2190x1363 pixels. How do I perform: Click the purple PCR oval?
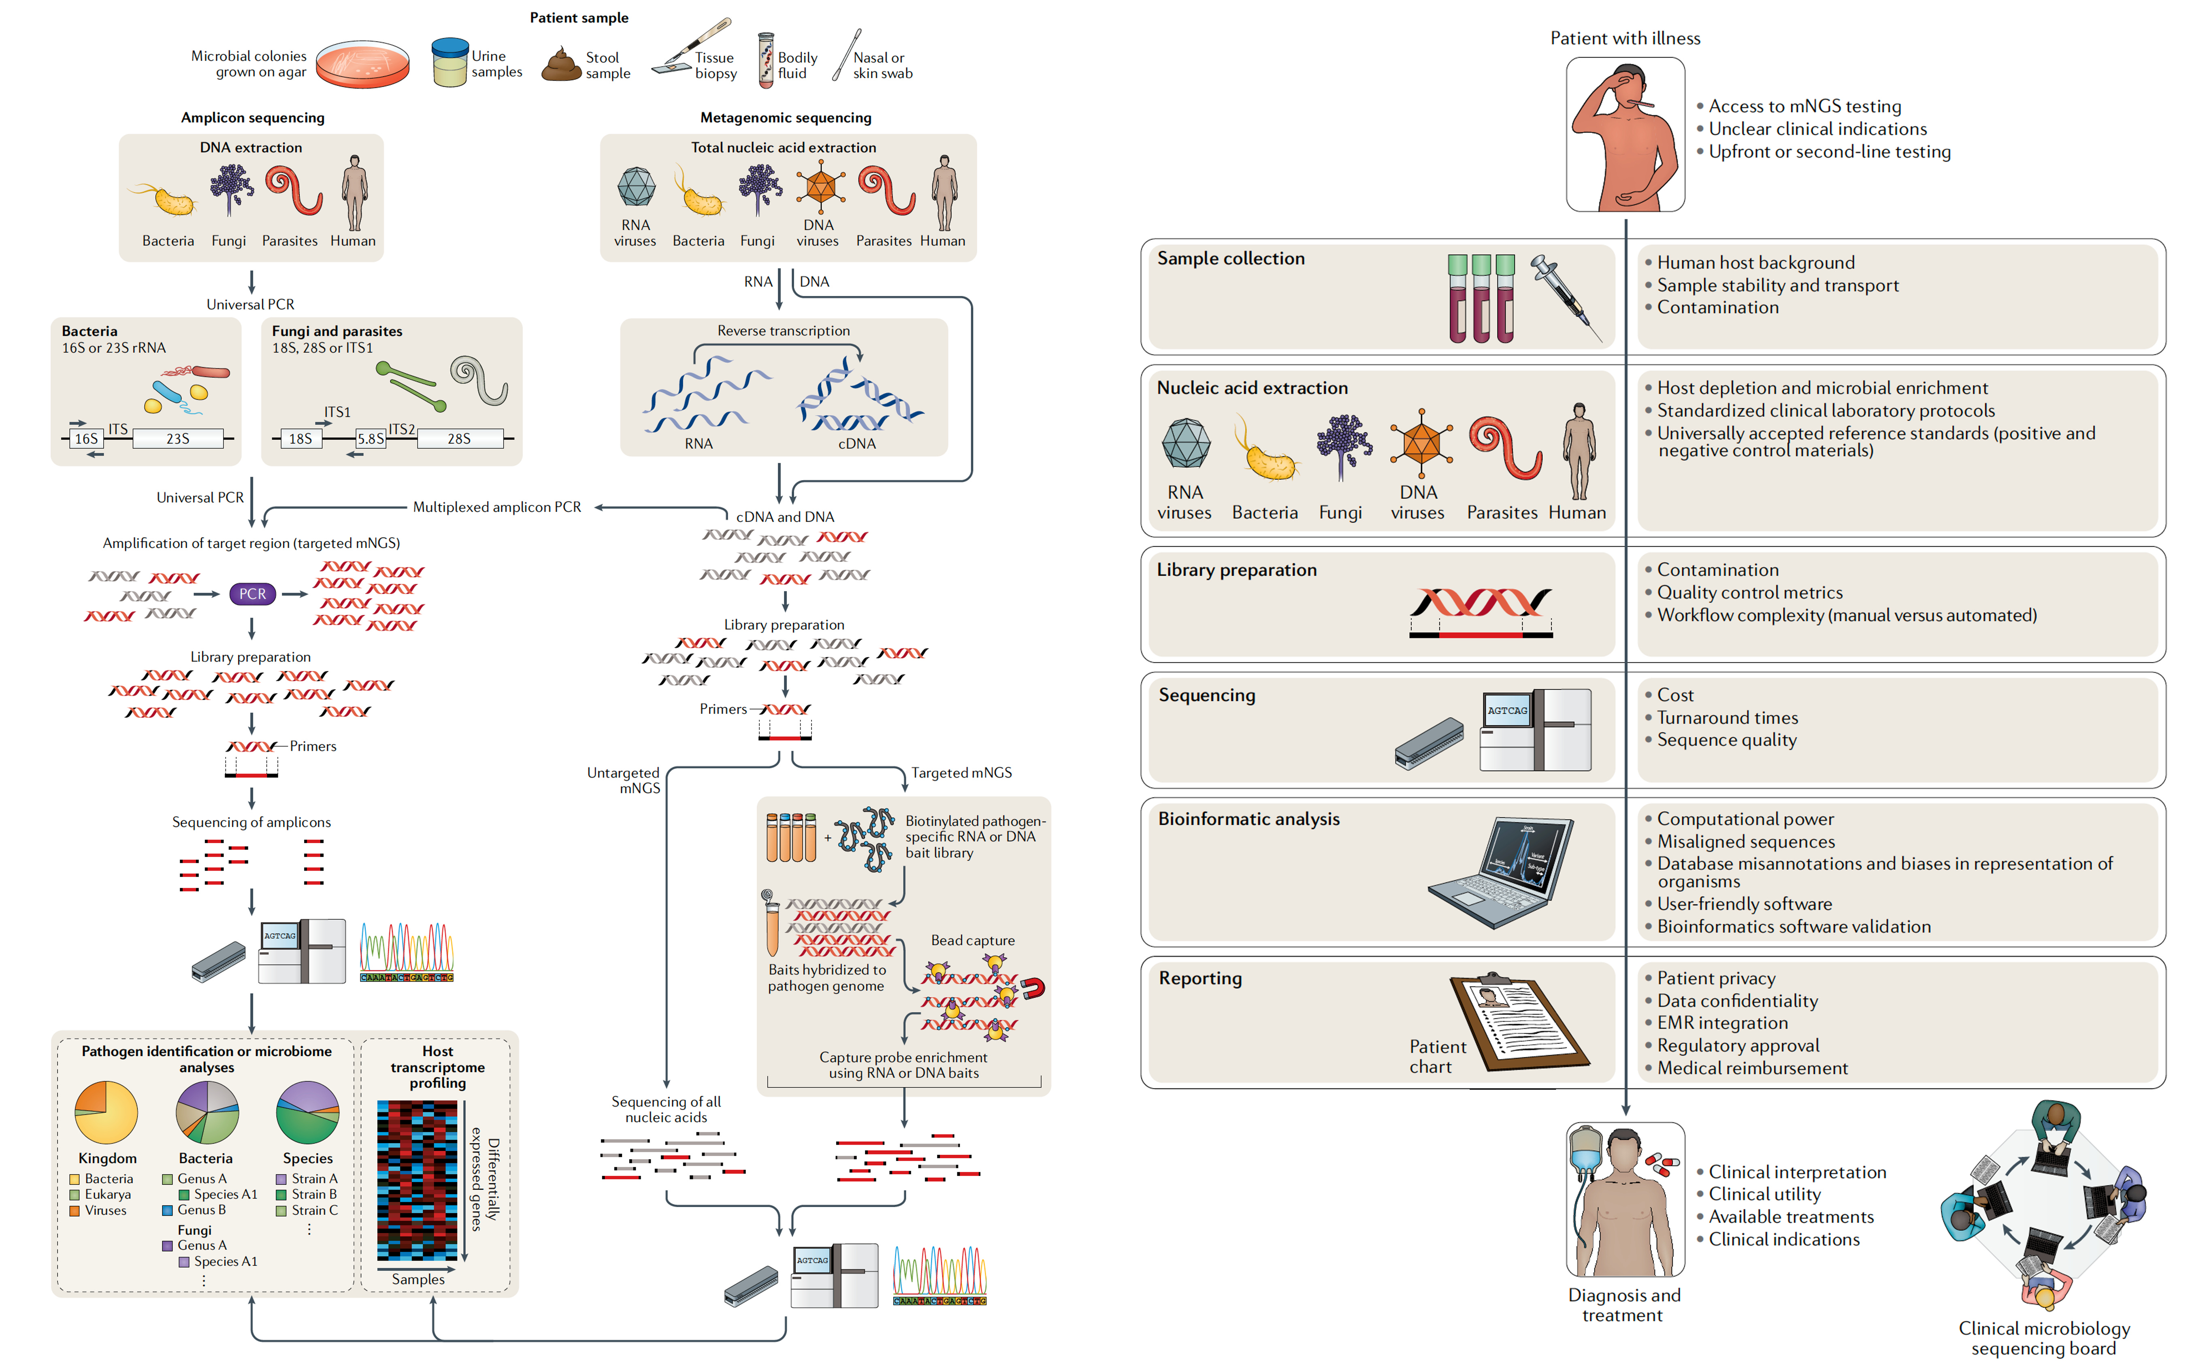252,594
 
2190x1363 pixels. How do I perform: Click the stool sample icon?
560,66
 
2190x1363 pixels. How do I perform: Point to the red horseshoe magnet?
1033,989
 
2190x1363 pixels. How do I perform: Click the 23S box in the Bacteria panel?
177,439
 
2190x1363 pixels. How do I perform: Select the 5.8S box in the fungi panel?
371,439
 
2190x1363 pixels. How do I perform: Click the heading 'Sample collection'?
1230,259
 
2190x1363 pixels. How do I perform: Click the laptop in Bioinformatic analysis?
1502,870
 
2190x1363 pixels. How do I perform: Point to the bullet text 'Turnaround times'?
1727,718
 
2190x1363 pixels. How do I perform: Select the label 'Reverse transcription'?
783,331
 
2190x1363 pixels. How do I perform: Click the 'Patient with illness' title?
1625,38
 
